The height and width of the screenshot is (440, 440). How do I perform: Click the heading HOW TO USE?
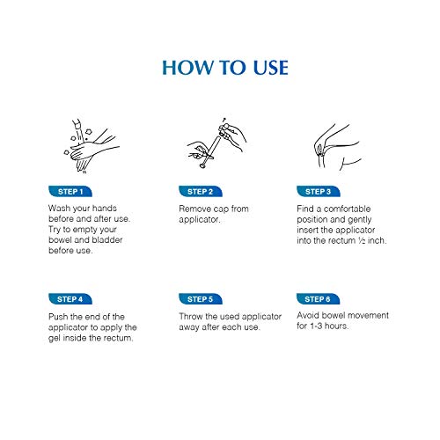(225, 68)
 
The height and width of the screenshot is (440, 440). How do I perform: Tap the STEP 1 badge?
(70, 192)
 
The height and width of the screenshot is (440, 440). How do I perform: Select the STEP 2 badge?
(201, 192)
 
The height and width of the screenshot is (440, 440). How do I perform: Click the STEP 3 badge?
(319, 192)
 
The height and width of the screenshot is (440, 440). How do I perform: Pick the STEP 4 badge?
(70, 299)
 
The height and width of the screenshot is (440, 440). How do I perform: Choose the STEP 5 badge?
(201, 299)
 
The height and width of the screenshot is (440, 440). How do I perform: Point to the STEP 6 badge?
(318, 299)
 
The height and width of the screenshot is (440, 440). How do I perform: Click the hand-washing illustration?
(91, 146)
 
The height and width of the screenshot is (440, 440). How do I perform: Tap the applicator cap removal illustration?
(216, 143)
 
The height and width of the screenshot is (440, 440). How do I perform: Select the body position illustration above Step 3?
(337, 147)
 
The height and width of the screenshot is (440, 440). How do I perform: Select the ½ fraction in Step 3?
(362, 240)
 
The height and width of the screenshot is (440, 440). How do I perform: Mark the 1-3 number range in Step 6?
(316, 326)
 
